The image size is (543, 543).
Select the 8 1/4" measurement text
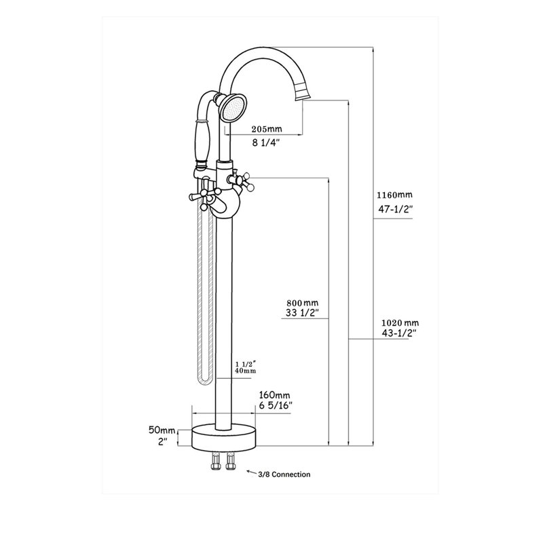tap(266, 143)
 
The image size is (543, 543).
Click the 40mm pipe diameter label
tap(245, 371)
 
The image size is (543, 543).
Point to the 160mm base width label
tap(274, 394)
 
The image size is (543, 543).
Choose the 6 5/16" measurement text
tap(275, 405)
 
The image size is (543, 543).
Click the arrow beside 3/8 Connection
tap(251, 472)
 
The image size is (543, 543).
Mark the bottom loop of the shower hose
tap(203, 378)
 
